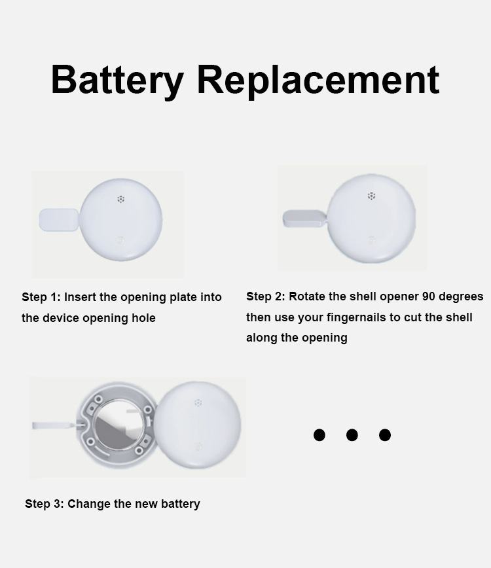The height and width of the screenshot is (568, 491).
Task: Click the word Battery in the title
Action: click(x=117, y=80)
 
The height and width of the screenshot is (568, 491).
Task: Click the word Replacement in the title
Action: click(x=318, y=80)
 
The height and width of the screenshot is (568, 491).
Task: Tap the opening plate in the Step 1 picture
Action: click(x=59, y=219)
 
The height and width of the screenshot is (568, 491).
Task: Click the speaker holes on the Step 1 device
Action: click(x=120, y=199)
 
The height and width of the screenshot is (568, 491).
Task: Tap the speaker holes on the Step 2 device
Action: click(x=371, y=196)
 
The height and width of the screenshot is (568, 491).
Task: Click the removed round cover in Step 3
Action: click(x=198, y=425)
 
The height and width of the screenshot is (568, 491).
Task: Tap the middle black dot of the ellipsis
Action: click(x=352, y=435)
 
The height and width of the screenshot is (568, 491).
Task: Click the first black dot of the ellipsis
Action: click(x=319, y=435)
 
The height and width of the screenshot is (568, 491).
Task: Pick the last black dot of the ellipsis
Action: click(x=385, y=435)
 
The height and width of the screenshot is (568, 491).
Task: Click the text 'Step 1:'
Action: click(x=41, y=297)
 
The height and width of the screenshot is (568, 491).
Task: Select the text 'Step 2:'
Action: click(x=266, y=296)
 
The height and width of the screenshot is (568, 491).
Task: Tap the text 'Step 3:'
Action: click(x=45, y=503)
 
